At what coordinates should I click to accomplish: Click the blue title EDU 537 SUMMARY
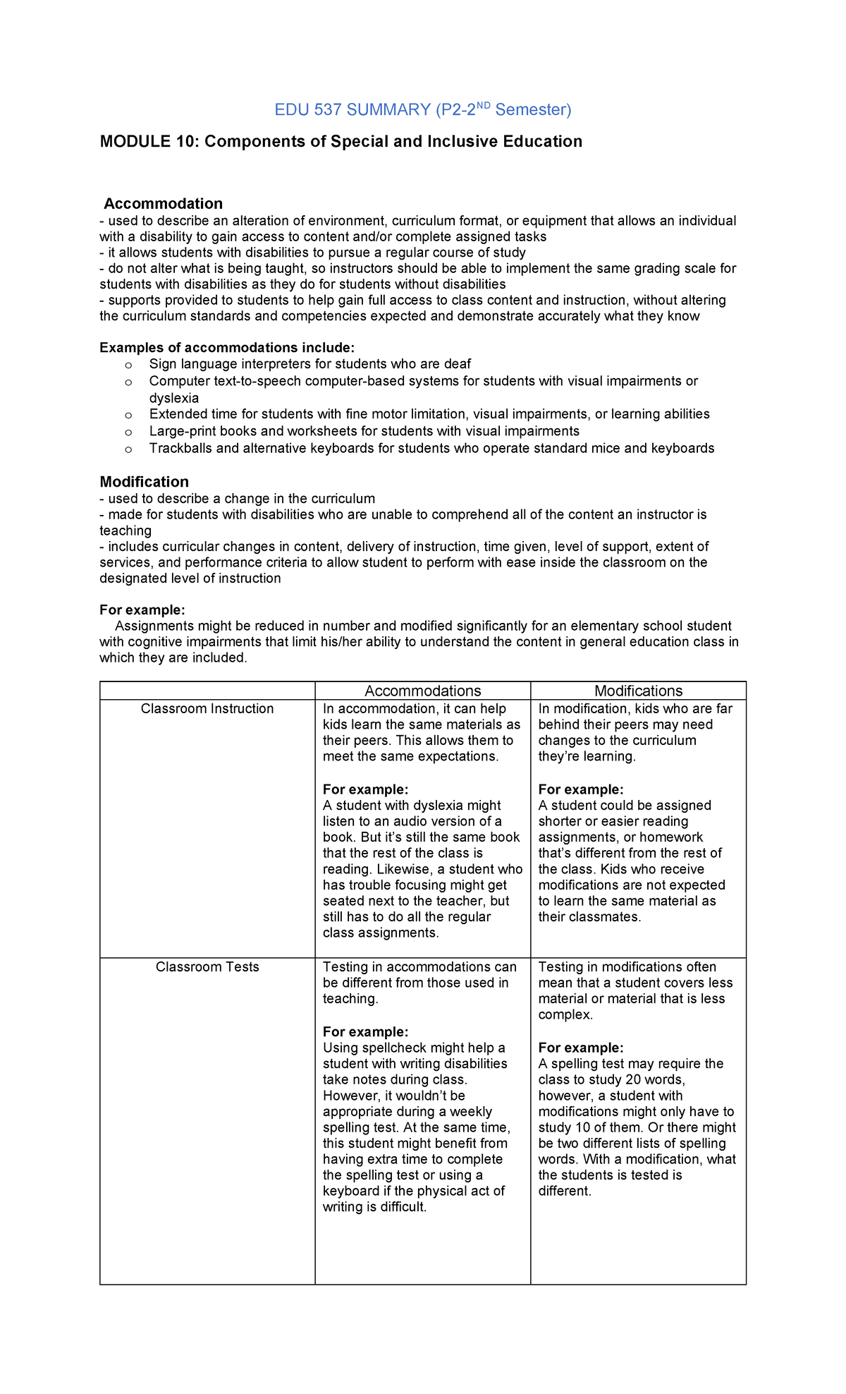(x=352, y=110)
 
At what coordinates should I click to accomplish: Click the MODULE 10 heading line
(x=341, y=142)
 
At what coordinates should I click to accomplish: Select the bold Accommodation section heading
(x=164, y=204)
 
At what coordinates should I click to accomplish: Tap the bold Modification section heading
(x=144, y=482)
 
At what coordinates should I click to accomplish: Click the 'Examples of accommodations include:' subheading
(x=227, y=348)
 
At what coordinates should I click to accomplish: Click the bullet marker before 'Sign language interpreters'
(x=128, y=365)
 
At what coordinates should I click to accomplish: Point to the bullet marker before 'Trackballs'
(x=128, y=449)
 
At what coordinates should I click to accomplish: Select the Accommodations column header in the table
(x=422, y=691)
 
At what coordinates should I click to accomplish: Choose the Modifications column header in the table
(x=638, y=691)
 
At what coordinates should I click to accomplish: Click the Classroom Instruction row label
(x=207, y=709)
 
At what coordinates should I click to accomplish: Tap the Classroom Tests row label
(x=207, y=967)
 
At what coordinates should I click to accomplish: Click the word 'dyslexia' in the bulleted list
(x=174, y=398)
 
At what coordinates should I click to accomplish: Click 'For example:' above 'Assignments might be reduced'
(x=142, y=610)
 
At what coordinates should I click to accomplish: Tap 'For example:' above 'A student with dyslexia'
(x=365, y=789)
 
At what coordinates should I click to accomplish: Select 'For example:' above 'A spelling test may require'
(x=580, y=1048)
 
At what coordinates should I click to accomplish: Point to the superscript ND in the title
(x=484, y=105)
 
